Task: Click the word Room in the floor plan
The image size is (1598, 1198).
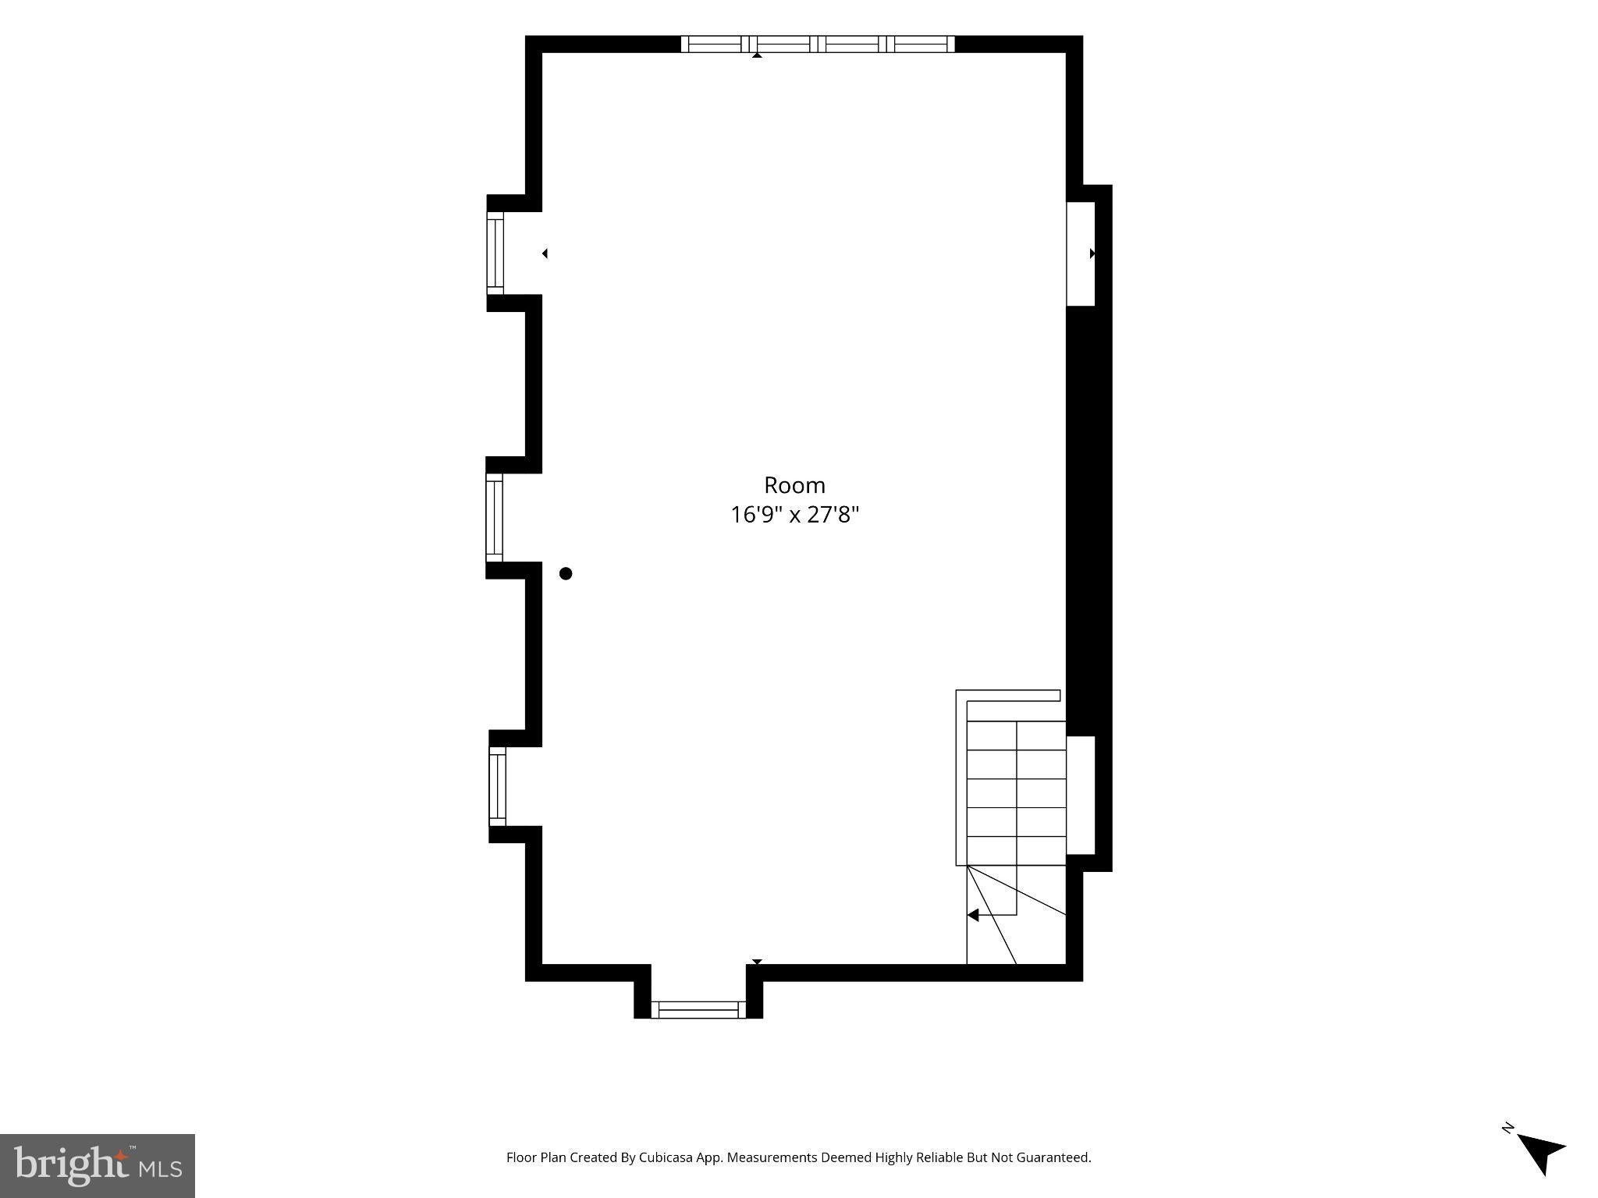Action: point(794,485)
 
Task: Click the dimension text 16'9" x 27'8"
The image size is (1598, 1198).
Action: point(794,515)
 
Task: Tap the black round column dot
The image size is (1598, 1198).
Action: point(566,573)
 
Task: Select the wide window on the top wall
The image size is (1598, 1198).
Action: point(818,44)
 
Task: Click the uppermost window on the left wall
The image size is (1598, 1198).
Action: point(495,253)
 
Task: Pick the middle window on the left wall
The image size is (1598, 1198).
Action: point(495,517)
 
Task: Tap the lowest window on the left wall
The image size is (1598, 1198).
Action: point(497,786)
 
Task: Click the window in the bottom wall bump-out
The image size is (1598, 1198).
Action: point(698,1009)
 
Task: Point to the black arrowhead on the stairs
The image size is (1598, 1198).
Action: point(973,915)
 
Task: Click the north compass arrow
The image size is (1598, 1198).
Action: point(1542,1154)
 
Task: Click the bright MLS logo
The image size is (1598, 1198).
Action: point(98,1166)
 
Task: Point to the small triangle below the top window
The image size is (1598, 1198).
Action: point(757,55)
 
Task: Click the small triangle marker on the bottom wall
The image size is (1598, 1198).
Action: point(757,962)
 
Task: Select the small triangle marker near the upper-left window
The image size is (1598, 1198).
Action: point(545,253)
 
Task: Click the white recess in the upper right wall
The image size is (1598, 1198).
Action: point(1081,253)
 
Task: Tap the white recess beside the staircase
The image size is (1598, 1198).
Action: point(1081,796)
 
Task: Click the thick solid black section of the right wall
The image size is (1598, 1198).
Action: point(1088,521)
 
